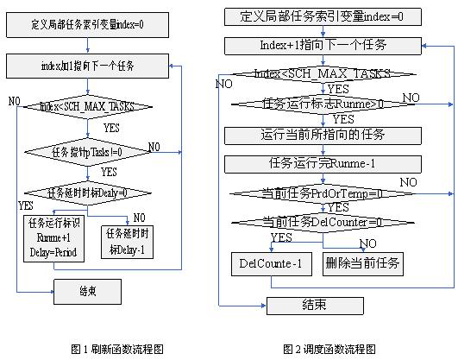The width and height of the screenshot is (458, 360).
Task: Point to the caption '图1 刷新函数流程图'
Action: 116,349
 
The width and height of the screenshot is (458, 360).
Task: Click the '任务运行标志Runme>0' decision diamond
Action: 313,104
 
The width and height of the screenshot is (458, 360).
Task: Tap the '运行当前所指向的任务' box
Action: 313,135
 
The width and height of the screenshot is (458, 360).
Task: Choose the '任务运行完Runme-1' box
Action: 313,162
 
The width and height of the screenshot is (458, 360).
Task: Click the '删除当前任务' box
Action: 362,263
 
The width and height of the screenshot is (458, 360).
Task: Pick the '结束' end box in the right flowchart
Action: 313,305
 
